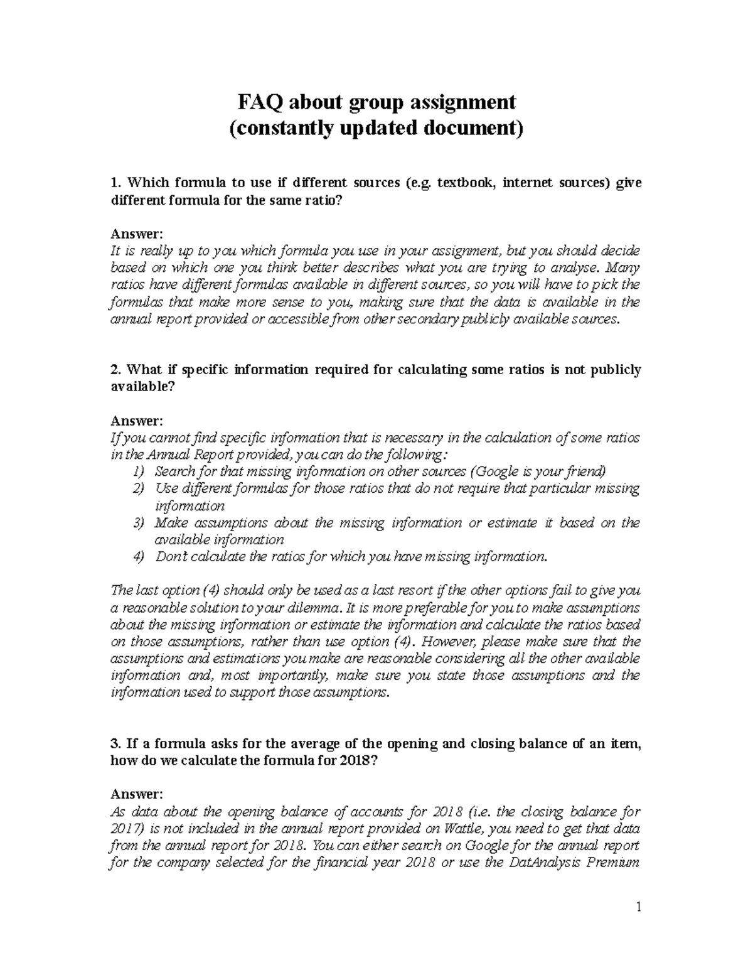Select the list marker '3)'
coord(139,523)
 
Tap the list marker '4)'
coord(139,557)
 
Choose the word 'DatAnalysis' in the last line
coord(545,862)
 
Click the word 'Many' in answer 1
coord(624,268)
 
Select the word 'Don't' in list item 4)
coord(172,557)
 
